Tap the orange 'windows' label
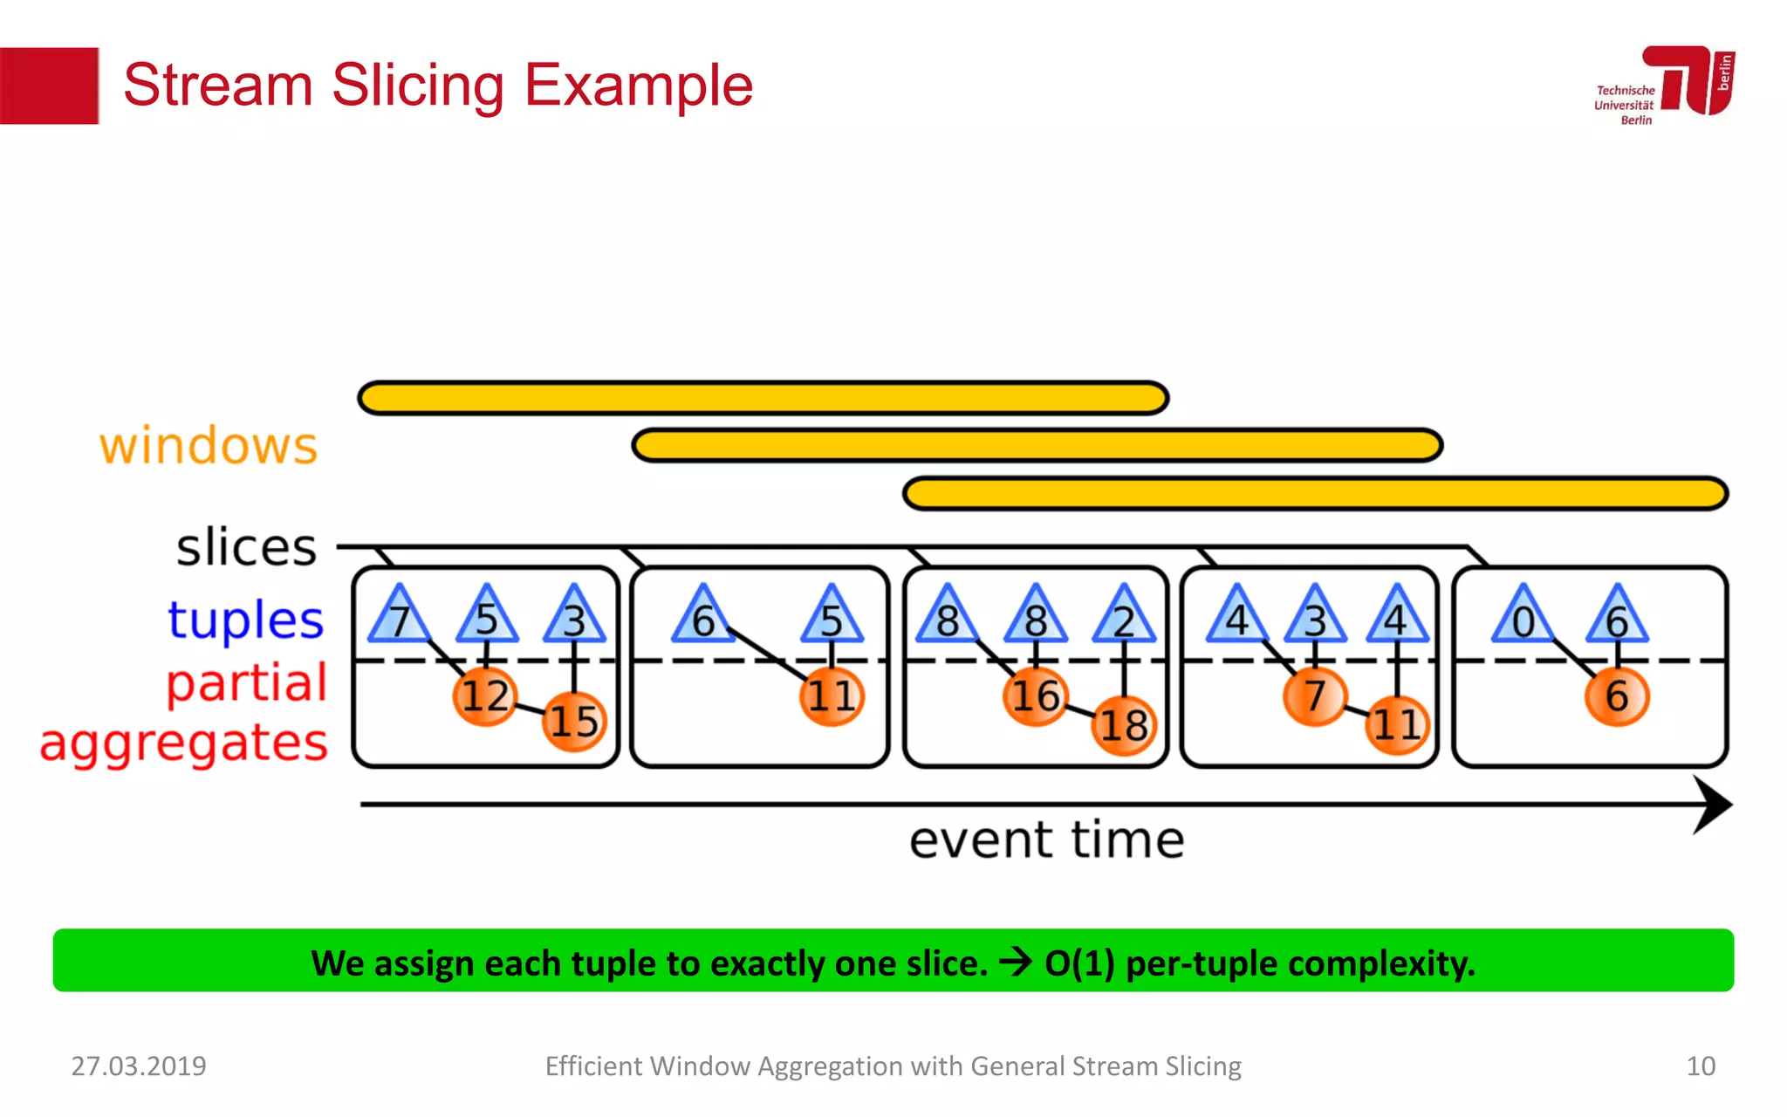coord(208,447)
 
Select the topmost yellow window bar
coord(763,398)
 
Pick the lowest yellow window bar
coord(1315,493)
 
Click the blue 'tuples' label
coord(246,620)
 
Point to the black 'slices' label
coord(246,548)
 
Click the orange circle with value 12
coord(485,696)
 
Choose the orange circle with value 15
coord(573,721)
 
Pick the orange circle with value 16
coord(1035,696)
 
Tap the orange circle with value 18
coord(1124,724)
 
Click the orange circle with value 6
coord(1616,696)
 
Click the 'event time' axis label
coord(1046,840)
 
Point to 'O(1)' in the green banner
coord(1079,963)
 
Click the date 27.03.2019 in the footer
coord(139,1066)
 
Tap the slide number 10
coord(1700,1066)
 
